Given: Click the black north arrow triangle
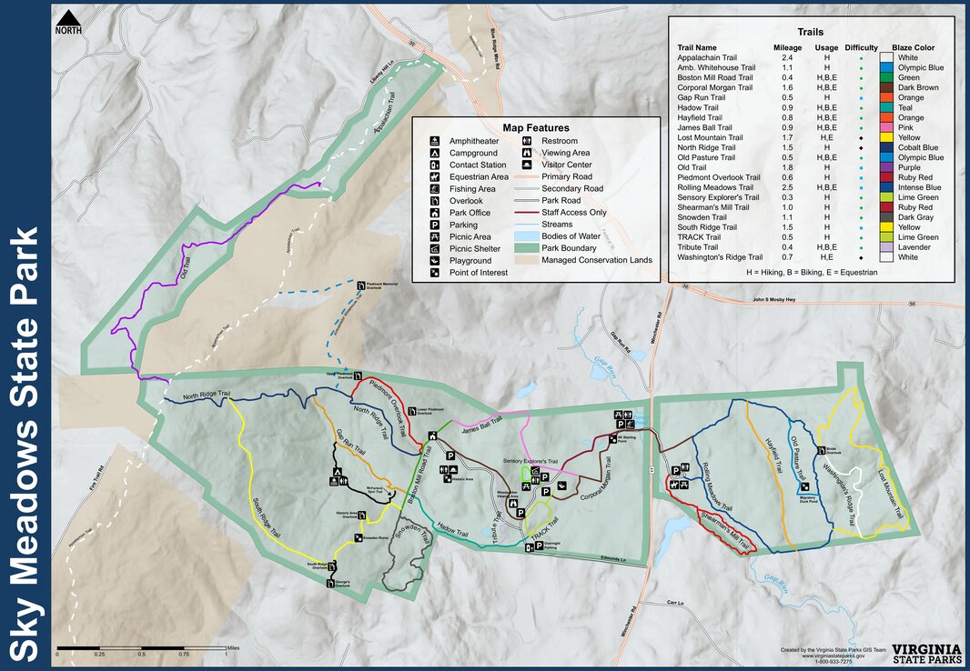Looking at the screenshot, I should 68,18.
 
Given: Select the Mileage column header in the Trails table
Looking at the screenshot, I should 787,47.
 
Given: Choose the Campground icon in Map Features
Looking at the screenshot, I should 438,153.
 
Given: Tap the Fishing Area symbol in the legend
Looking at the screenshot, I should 438,188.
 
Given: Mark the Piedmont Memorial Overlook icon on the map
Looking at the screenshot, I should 361,285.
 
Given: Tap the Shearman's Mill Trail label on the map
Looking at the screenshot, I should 727,532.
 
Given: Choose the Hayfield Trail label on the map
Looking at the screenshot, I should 773,458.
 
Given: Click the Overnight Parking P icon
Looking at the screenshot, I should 530,548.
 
